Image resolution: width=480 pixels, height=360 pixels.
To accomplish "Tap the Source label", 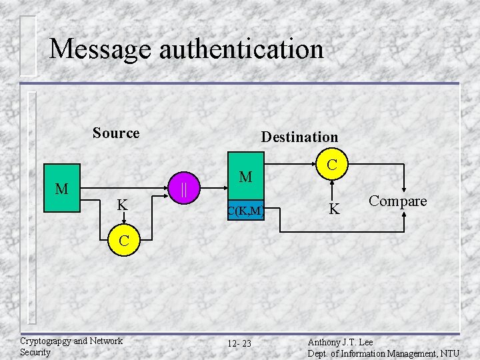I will coord(116,133).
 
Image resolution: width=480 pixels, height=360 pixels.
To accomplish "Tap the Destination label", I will coord(299,137).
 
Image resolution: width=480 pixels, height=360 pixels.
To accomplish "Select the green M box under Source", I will coord(62,189).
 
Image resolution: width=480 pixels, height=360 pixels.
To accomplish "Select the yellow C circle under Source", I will coord(124,240).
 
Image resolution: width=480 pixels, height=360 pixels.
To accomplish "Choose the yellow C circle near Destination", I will coord(331,163).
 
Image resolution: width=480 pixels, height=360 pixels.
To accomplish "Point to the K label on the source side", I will coord(123,205).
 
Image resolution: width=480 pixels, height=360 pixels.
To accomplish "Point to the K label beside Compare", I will coord(335,209).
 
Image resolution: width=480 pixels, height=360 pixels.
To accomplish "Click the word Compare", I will coord(398,201).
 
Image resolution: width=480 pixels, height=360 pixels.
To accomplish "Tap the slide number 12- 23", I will coord(239,343).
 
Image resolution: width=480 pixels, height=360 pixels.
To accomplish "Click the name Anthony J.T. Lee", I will coord(340,342).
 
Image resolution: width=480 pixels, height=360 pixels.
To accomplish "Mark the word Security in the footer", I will coord(35,352).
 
